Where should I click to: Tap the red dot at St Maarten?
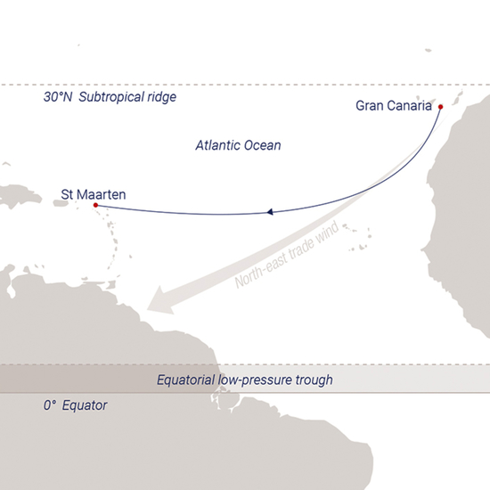click(94, 206)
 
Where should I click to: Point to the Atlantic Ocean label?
click(238, 144)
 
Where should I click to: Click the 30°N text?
click(57, 97)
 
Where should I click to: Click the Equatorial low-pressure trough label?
click(245, 380)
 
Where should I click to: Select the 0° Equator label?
click(75, 405)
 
